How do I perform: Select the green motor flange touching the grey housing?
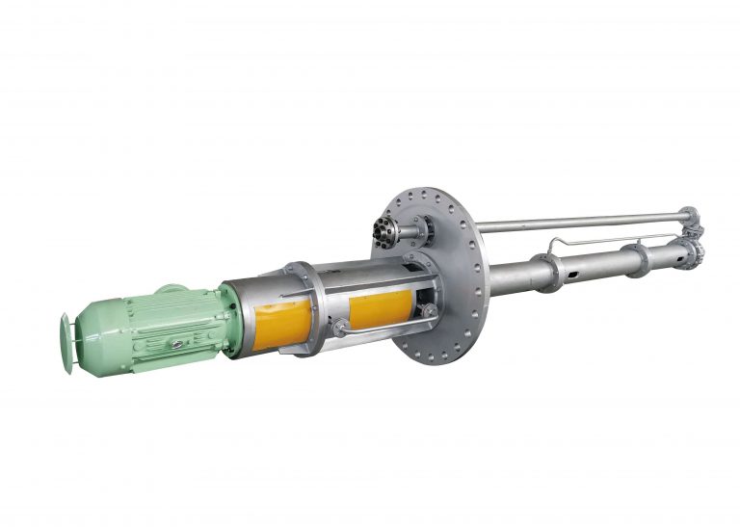pyautogui.click(x=228, y=318)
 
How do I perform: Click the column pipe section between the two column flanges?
pyautogui.click(x=593, y=264)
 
